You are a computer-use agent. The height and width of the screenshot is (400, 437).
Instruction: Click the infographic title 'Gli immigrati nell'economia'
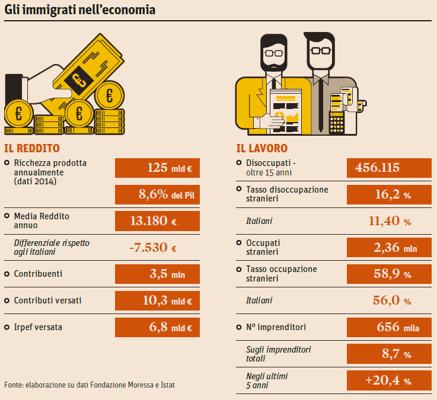coord(80,10)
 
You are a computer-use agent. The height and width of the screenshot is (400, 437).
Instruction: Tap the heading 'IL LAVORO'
coord(261,148)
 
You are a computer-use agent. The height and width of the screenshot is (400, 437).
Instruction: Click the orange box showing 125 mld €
coord(157,168)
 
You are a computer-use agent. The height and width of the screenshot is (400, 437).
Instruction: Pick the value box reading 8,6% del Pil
coord(157,194)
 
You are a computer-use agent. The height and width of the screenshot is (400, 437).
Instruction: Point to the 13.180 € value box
coord(157,221)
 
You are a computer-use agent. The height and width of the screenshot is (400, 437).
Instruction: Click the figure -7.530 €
coord(153,248)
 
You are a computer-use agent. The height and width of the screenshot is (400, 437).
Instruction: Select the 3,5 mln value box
coord(157,274)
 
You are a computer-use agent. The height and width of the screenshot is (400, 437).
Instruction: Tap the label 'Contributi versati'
coord(47,300)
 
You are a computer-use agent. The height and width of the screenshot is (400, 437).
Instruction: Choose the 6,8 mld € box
coord(157,327)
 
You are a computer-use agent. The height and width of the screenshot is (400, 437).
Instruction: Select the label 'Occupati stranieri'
coord(263,248)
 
